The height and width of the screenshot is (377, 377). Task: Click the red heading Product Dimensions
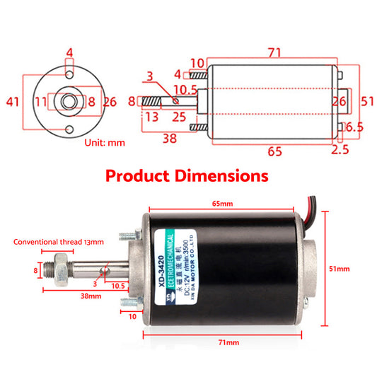pyautogui.click(x=187, y=175)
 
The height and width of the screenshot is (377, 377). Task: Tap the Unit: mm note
pyautogui.click(x=105, y=142)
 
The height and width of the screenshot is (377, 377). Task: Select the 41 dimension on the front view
pyautogui.click(x=13, y=102)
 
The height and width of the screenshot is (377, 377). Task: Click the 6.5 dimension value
pyautogui.click(x=356, y=127)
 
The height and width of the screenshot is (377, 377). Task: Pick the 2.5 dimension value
pyautogui.click(x=340, y=150)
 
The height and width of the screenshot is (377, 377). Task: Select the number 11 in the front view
pyautogui.click(x=42, y=102)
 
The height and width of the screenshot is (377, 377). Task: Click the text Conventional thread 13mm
pyautogui.click(x=58, y=241)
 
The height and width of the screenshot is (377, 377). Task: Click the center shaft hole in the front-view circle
pyautogui.click(x=69, y=102)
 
